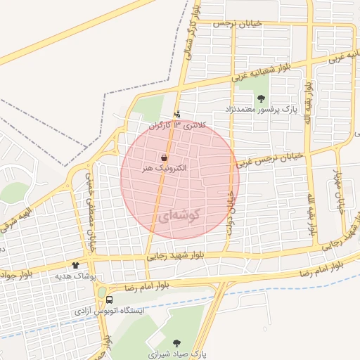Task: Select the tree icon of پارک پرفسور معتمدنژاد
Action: (x=262, y=98)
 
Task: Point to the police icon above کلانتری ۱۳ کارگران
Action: (x=176, y=114)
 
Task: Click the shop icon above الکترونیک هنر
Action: (x=164, y=159)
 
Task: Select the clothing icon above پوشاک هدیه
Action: (x=75, y=266)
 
